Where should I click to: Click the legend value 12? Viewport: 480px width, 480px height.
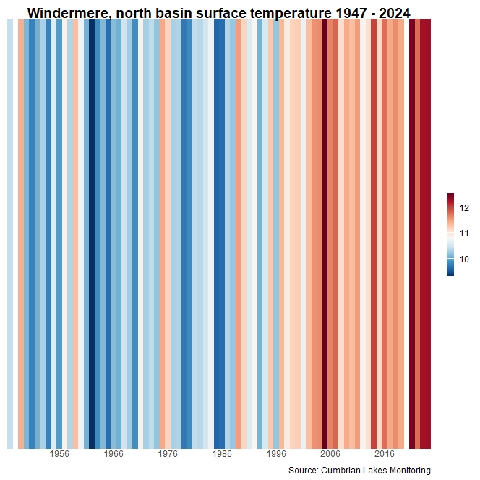(463, 208)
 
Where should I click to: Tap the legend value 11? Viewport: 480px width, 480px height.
(463, 233)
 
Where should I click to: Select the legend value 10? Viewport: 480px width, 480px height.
(463, 259)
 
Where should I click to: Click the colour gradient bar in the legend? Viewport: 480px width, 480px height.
(450, 235)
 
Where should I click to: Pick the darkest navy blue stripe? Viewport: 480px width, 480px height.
(92, 231)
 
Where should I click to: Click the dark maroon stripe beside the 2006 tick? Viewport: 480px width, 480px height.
(325, 231)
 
